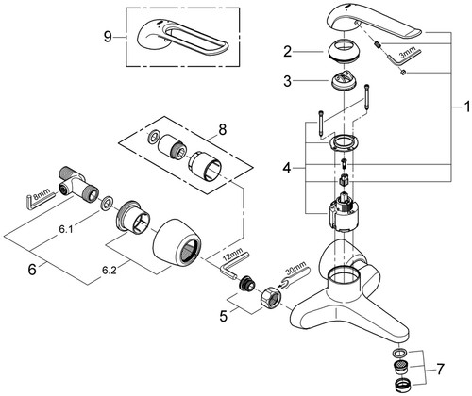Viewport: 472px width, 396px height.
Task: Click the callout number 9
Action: [108, 37]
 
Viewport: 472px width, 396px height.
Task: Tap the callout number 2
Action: [288, 52]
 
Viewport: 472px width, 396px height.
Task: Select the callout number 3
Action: [288, 81]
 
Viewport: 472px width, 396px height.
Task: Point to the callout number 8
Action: [223, 129]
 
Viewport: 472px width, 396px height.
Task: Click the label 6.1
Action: [66, 230]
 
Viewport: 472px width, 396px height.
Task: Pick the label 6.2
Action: [110, 270]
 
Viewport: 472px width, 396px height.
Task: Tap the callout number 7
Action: [440, 368]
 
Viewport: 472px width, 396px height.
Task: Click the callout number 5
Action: [223, 316]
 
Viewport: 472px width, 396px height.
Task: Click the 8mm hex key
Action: [39, 200]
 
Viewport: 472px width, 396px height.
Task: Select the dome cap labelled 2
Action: [343, 51]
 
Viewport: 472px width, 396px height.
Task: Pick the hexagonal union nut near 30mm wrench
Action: [270, 297]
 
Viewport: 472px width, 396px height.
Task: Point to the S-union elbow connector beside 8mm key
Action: [77, 183]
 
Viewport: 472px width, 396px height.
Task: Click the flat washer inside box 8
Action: [153, 138]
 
